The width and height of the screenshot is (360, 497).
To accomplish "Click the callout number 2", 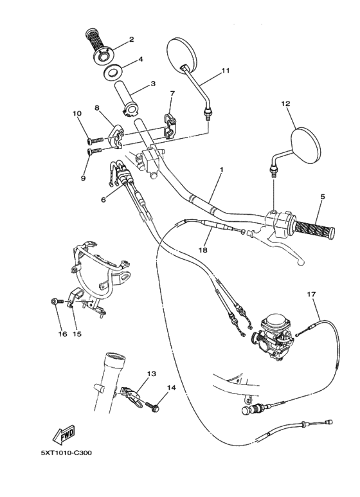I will [x=131, y=40].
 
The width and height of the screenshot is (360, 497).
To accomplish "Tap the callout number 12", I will [x=285, y=104].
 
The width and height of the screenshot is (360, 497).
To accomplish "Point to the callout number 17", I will [x=311, y=294].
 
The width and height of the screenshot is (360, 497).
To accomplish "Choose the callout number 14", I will [x=171, y=388].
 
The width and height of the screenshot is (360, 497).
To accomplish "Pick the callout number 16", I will [x=62, y=334].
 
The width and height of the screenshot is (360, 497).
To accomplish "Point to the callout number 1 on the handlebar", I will [x=221, y=170].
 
